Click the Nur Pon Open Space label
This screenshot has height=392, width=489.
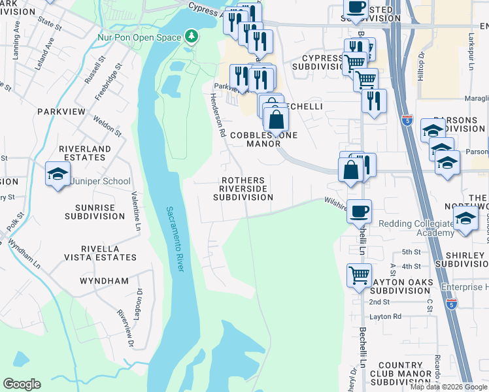(139, 37)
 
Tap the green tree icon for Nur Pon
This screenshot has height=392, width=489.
(192, 35)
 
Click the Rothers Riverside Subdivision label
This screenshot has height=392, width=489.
(243, 189)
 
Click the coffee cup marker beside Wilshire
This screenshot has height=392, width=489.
(359, 212)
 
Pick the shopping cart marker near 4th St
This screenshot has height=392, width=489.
(359, 274)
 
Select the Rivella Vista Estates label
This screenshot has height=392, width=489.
(99, 253)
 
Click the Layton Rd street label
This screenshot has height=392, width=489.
(385, 316)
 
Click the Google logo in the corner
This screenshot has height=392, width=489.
(22, 384)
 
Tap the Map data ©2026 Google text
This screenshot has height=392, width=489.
(448, 387)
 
